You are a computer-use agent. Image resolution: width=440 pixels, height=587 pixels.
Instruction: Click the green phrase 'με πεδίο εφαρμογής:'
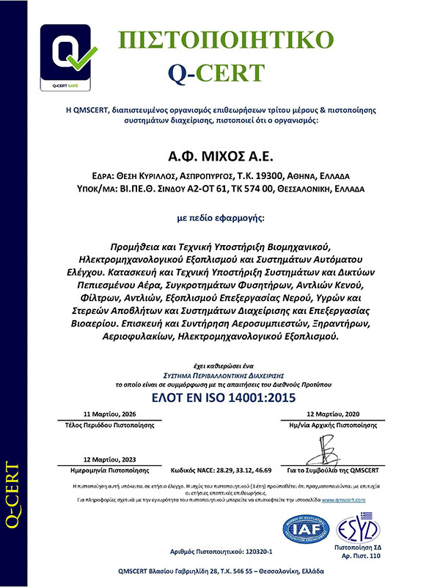220,218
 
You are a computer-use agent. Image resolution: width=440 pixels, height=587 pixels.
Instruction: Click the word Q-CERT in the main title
216,71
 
